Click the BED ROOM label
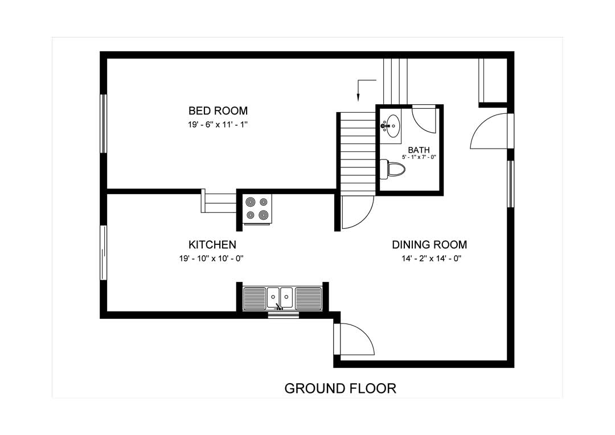point(218,110)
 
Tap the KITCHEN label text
point(212,245)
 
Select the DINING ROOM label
point(429,245)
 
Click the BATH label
point(419,150)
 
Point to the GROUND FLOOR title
point(340,388)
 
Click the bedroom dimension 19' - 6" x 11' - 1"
point(218,124)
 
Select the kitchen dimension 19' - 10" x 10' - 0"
point(212,258)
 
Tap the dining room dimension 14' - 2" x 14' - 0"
point(429,258)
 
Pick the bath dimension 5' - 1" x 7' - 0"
point(419,157)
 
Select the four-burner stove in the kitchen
point(257,208)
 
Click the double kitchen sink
point(281,297)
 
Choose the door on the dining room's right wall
point(490,132)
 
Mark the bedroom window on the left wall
point(104,124)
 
